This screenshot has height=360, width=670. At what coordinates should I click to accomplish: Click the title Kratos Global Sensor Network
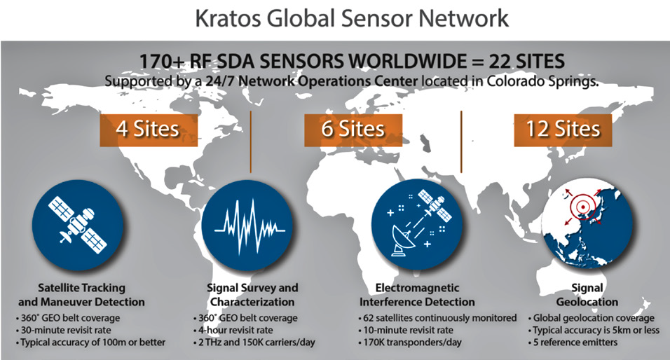tap(351, 18)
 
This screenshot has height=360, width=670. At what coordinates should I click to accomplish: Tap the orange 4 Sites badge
tap(149, 130)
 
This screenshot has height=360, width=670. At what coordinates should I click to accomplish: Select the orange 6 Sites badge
tap(353, 130)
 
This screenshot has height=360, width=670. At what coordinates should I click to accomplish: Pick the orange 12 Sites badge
tap(563, 130)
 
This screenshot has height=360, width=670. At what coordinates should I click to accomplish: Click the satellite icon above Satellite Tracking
tap(78, 225)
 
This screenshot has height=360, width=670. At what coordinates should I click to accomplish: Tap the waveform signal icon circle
tap(247, 225)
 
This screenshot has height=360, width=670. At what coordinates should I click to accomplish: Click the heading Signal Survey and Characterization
tap(252, 295)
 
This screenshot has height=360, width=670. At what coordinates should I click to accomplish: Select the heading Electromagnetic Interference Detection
tap(417, 295)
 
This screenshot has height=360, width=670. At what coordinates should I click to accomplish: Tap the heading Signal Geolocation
tap(587, 295)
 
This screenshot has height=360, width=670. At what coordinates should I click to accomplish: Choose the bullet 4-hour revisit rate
tap(233, 330)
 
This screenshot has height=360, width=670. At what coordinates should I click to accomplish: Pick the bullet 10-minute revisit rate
tap(406, 330)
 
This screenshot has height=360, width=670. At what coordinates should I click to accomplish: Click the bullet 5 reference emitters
tap(573, 342)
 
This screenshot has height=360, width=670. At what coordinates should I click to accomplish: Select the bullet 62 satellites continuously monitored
tap(437, 318)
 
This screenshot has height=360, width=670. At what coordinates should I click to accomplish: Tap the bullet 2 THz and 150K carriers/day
tap(254, 342)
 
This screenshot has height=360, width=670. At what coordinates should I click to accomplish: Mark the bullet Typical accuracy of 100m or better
tap(90, 342)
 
